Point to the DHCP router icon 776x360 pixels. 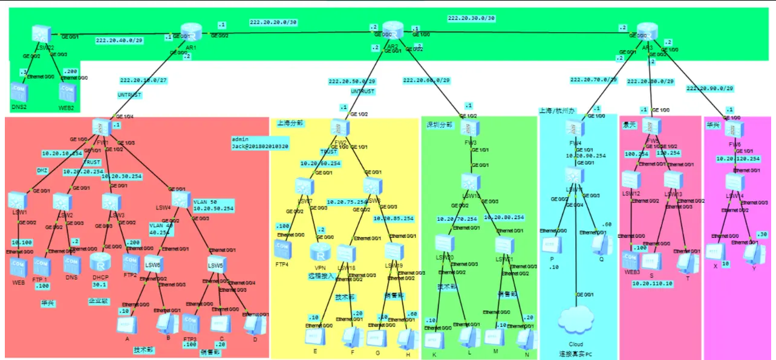pyautogui.click(x=99, y=263)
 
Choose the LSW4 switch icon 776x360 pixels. pyautogui.click(x=180, y=200)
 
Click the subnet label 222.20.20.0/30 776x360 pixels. pyautogui.click(x=273, y=22)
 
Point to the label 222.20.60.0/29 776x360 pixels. pyautogui.click(x=426, y=80)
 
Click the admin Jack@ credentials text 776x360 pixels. pyautogui.click(x=259, y=143)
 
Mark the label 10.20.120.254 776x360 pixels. pyautogui.click(x=738, y=159)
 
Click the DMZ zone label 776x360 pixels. pyautogui.click(x=42, y=171)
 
